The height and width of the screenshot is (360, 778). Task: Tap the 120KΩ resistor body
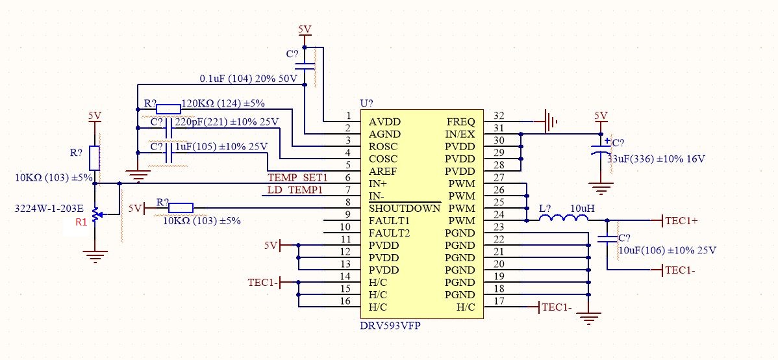[168, 109]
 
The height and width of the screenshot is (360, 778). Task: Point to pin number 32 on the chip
[499, 116]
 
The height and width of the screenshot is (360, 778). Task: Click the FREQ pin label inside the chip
[460, 122]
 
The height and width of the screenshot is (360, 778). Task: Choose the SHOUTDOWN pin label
[404, 209]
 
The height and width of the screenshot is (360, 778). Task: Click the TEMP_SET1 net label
[298, 177]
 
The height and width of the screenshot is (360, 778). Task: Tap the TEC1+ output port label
[681, 220]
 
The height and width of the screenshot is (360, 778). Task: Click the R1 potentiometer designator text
[81, 222]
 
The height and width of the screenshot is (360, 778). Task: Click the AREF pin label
[383, 172]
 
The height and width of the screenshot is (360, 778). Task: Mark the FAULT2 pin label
[390, 233]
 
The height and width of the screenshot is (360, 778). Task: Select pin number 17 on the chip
[499, 301]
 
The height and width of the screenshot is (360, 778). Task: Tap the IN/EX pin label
[459, 134]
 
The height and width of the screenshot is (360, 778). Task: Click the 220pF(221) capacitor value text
[227, 122]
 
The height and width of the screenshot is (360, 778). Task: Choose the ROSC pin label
[383, 147]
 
